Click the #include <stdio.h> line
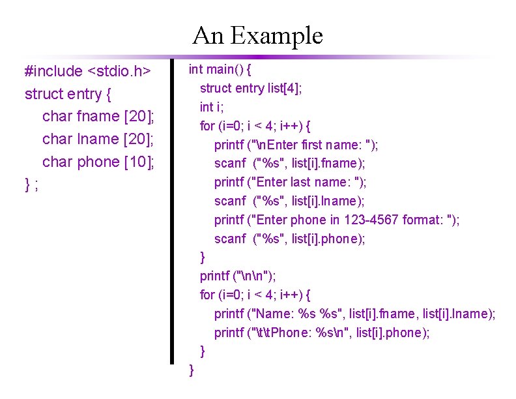pyautogui.click(x=88, y=71)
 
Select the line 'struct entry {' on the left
pyautogui.click(x=68, y=94)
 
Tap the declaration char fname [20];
pyautogui.click(x=98, y=116)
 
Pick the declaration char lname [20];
pyautogui.click(x=98, y=139)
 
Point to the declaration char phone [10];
pyautogui.click(x=98, y=161)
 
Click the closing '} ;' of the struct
pyautogui.click(x=31, y=184)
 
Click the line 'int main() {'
pyautogui.click(x=220, y=69)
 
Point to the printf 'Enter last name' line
pyautogui.click(x=291, y=182)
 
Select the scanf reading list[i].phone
pyautogui.click(x=290, y=239)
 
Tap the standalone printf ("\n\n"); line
pyautogui.click(x=238, y=276)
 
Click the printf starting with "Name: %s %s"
pyautogui.click(x=354, y=314)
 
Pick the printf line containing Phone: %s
pyautogui.click(x=322, y=332)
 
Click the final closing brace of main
pyautogui.click(x=191, y=370)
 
